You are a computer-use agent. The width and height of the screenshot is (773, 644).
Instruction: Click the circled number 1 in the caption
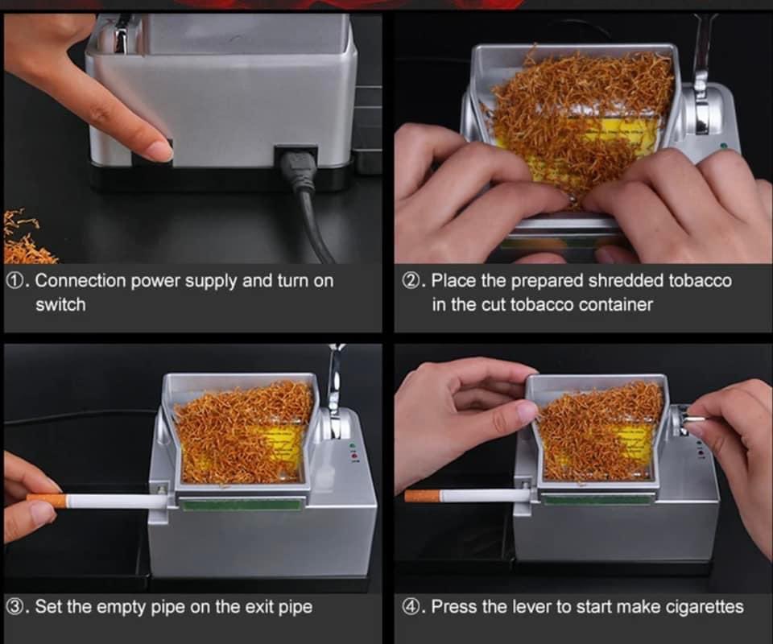click(14, 280)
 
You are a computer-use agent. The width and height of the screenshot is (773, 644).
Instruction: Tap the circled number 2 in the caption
click(411, 280)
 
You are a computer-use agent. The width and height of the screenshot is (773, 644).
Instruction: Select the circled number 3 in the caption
click(14, 606)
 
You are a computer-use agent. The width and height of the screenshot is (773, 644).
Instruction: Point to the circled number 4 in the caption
click(411, 606)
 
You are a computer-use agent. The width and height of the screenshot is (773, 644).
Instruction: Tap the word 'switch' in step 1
click(60, 304)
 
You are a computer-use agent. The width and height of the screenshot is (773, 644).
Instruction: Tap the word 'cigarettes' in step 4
click(705, 607)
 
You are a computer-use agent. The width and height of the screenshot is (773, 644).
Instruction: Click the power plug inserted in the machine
click(298, 171)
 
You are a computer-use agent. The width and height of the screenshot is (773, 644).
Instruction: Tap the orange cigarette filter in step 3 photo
click(48, 501)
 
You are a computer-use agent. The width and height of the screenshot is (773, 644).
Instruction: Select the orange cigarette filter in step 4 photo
click(422, 496)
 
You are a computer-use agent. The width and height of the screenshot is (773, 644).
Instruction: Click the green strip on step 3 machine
click(241, 504)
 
